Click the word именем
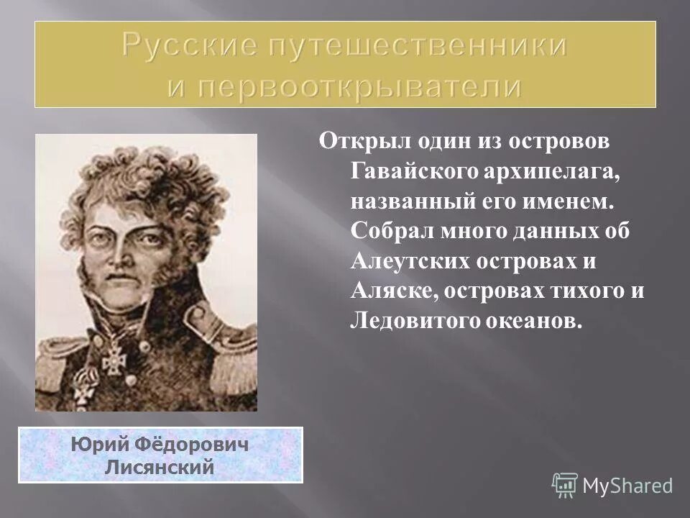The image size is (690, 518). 576,203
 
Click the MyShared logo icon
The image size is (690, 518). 565,485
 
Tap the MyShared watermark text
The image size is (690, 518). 627,486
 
